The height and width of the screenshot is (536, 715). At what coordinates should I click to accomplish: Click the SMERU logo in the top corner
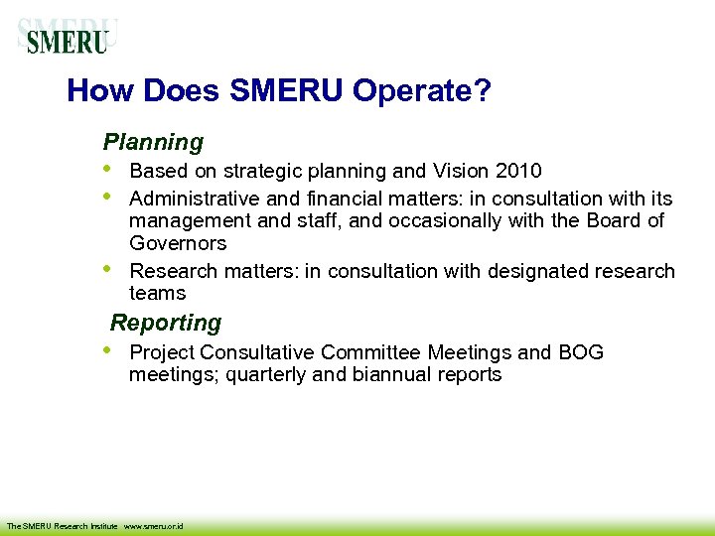[x=68, y=39]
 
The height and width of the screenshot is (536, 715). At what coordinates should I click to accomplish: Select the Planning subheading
[x=153, y=143]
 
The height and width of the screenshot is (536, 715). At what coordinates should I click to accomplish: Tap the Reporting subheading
[x=166, y=323]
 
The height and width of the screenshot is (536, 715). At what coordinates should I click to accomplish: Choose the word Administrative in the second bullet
[x=192, y=199]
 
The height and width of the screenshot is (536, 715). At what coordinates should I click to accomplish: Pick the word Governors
[x=178, y=243]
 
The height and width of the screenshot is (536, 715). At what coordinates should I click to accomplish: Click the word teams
[x=158, y=293]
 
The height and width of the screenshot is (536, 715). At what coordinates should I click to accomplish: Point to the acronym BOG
[x=581, y=352]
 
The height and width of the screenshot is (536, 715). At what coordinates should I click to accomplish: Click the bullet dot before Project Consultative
[x=107, y=350]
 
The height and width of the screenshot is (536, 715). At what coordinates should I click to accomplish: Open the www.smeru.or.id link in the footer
[x=157, y=525]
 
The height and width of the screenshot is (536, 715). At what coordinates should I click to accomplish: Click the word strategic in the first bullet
[x=259, y=171]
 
